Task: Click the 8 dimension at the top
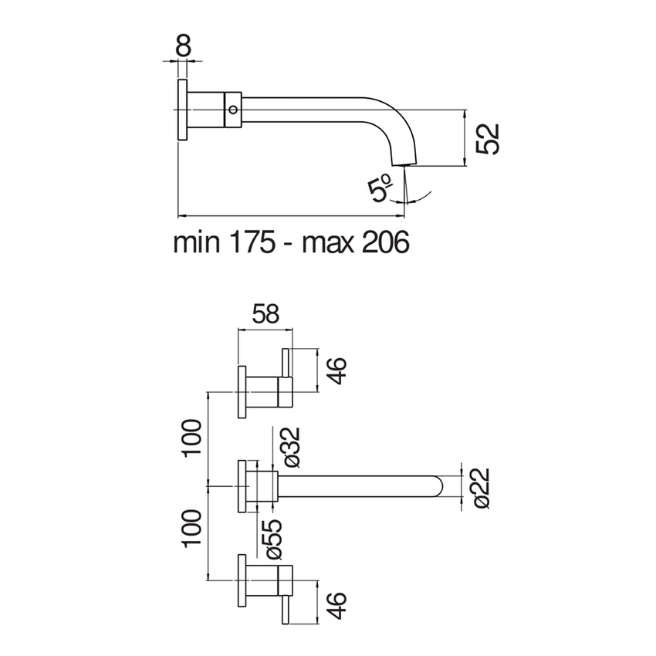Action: pos(183,46)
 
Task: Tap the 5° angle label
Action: pos(381,188)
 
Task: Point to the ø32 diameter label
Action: pos(292,448)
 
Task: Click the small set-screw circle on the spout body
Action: pos(232,110)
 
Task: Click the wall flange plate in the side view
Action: pos(183,110)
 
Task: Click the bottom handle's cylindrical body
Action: pos(270,579)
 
